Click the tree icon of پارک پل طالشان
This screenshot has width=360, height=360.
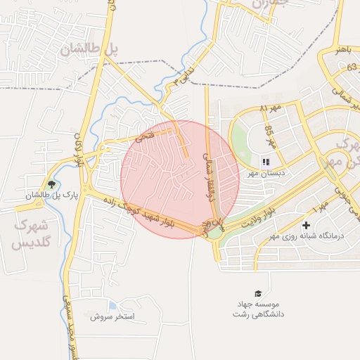point(52,184)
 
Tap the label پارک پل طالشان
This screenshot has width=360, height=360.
point(52,195)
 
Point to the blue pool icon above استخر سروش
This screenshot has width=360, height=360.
point(112,306)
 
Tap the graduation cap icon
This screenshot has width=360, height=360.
point(259,293)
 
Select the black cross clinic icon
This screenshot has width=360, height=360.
point(306,225)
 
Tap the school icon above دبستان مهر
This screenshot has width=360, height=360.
point(266,161)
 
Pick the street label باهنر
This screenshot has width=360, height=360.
point(342,50)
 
